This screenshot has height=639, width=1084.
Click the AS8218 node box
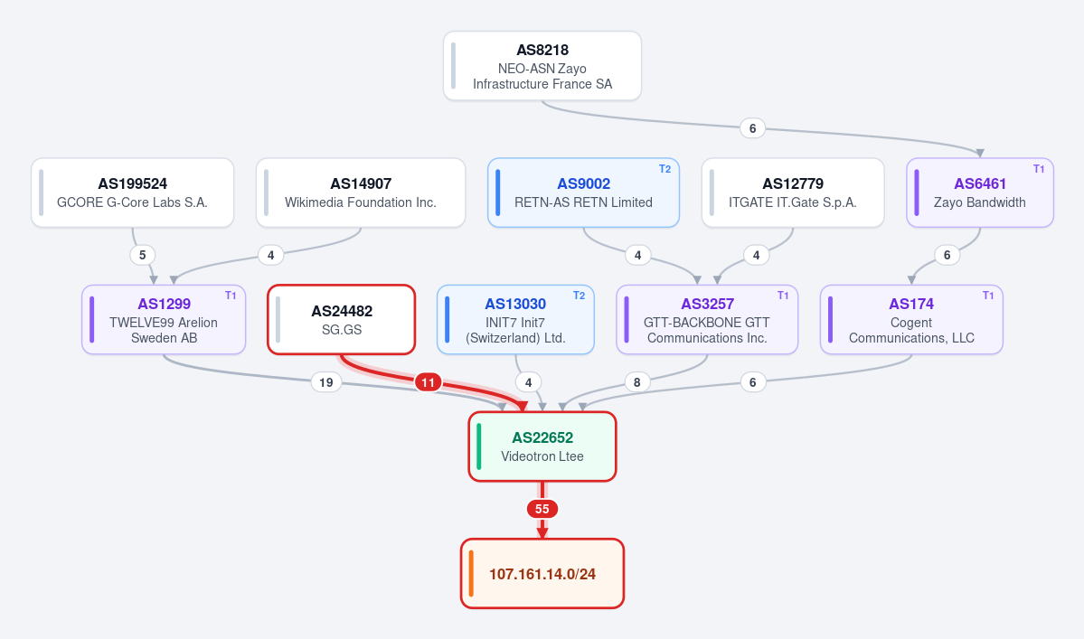(x=542, y=66)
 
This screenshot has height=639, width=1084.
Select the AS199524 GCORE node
(x=132, y=193)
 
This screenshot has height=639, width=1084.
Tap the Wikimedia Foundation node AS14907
(x=360, y=193)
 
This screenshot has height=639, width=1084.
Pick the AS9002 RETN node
(x=583, y=193)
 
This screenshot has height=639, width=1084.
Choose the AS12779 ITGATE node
(x=792, y=193)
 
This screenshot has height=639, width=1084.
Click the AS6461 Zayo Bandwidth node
(x=980, y=193)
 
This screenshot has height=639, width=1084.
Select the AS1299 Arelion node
(x=164, y=320)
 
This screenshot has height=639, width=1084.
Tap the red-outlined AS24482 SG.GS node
(x=342, y=320)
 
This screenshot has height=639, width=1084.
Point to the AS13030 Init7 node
(x=515, y=320)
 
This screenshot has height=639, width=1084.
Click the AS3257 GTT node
(x=706, y=320)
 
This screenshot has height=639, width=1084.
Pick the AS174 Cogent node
(x=911, y=320)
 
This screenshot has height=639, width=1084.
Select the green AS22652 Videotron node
(x=542, y=447)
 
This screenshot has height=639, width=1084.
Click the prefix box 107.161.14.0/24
(x=542, y=573)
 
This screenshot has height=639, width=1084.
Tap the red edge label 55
(x=542, y=509)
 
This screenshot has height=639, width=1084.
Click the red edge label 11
(x=428, y=382)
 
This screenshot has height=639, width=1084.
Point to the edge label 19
(x=325, y=382)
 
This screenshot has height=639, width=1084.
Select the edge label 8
(x=636, y=382)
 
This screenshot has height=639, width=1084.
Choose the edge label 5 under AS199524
(x=143, y=255)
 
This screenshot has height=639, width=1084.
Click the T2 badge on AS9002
(x=665, y=169)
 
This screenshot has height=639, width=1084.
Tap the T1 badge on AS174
(x=988, y=296)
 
